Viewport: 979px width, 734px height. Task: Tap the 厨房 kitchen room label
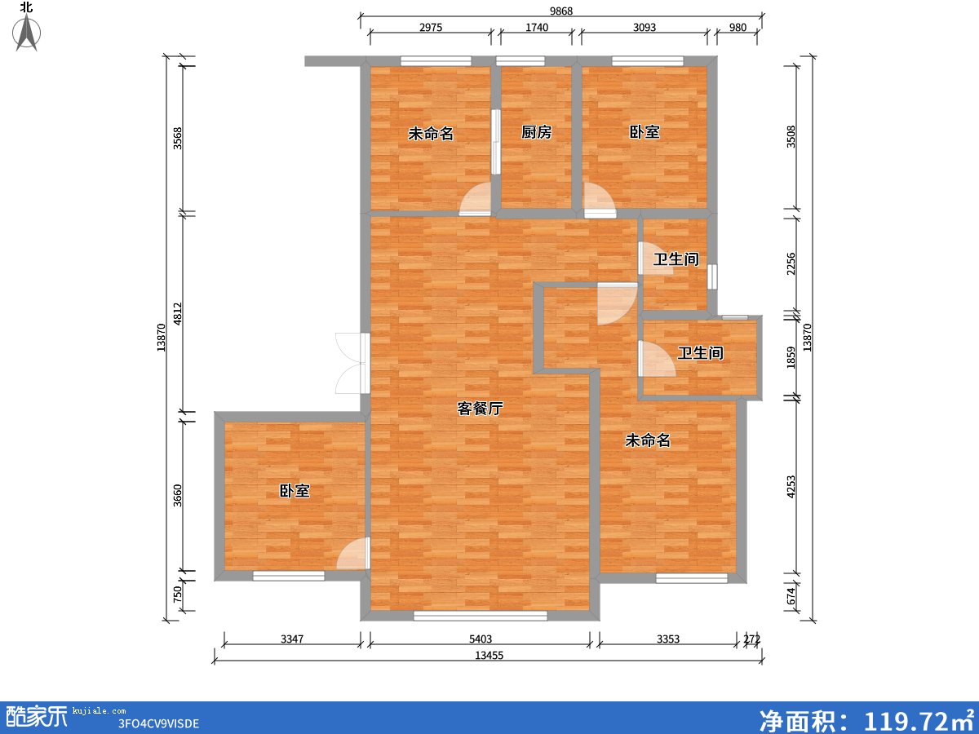pos(536,133)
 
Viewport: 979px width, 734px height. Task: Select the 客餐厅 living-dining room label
pos(479,409)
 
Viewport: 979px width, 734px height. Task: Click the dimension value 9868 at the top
pos(560,10)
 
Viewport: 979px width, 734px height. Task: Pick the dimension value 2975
pos(431,28)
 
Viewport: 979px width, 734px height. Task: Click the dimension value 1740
pos(537,28)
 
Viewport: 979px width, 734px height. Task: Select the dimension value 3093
pos(644,28)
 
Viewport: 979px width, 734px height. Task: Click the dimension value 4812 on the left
pos(177,315)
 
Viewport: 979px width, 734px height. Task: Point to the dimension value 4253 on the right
pos(790,486)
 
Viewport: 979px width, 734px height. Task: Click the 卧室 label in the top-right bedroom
pos(644,133)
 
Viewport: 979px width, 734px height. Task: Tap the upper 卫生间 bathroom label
pos(676,260)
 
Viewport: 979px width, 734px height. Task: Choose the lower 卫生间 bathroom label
pos(700,354)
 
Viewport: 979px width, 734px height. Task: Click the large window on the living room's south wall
pos(480,616)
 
